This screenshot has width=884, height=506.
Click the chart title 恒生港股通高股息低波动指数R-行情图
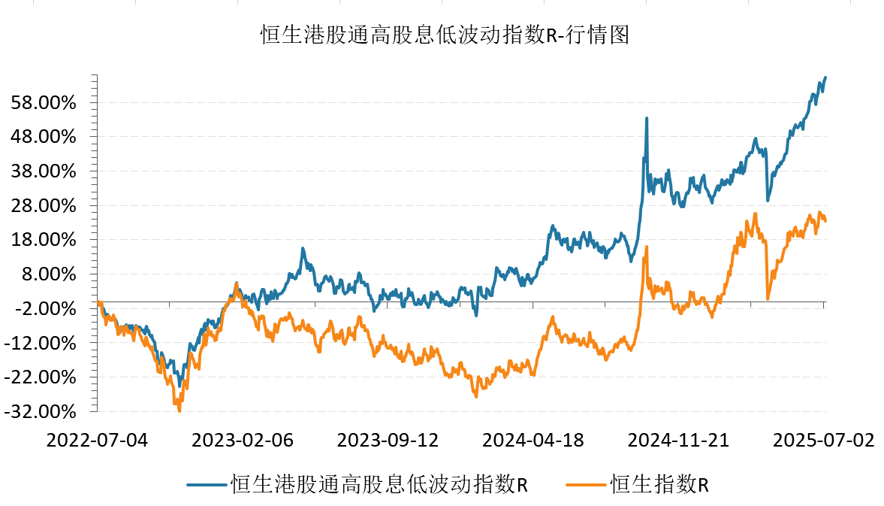(x=442, y=35)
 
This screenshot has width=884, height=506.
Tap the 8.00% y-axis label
(x=51, y=274)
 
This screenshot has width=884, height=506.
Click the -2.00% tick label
(x=49, y=309)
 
